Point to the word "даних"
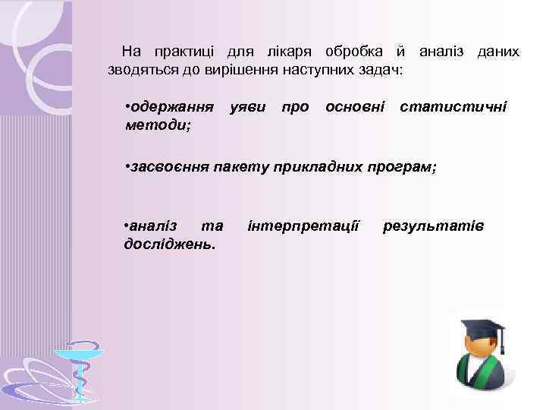tap(497, 52)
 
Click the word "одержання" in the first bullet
tap(169, 107)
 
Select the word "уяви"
tap(247, 107)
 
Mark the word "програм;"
tap(403, 168)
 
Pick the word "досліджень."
tap(169, 244)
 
